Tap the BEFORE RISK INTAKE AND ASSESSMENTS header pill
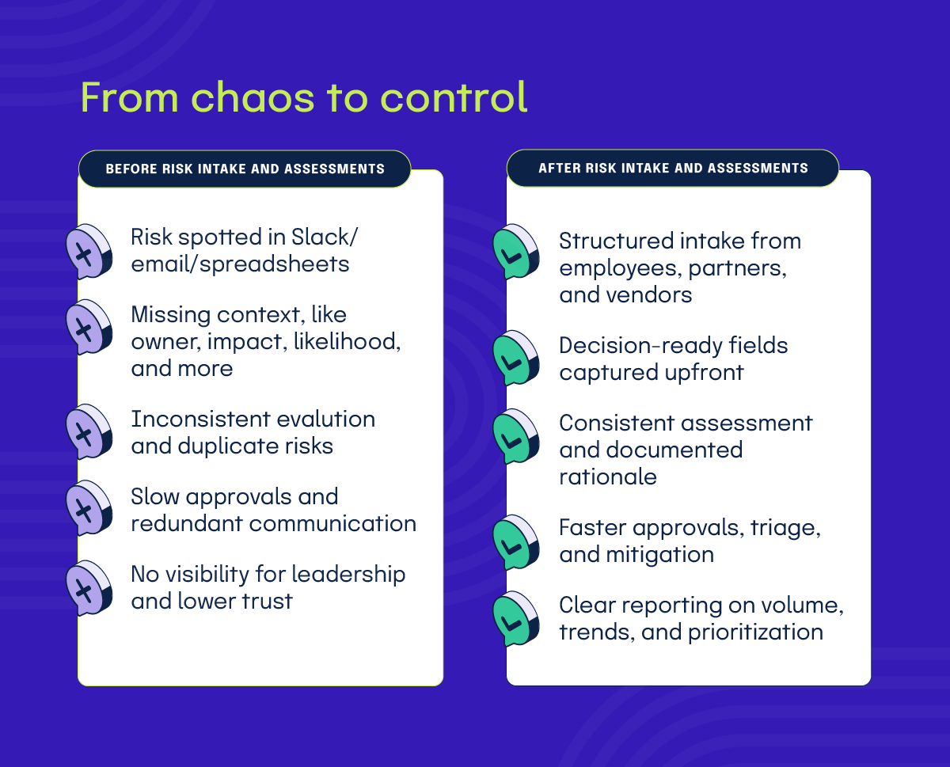click(245, 169)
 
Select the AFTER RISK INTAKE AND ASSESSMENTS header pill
click(673, 168)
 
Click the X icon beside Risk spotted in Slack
click(88, 253)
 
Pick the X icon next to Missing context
click(88, 328)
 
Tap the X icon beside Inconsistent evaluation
click(88, 432)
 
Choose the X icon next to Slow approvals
click(88, 508)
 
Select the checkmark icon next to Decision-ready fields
click(516, 359)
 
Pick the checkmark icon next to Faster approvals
click(516, 542)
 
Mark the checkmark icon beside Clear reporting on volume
click(516, 620)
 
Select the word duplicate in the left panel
click(232, 446)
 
